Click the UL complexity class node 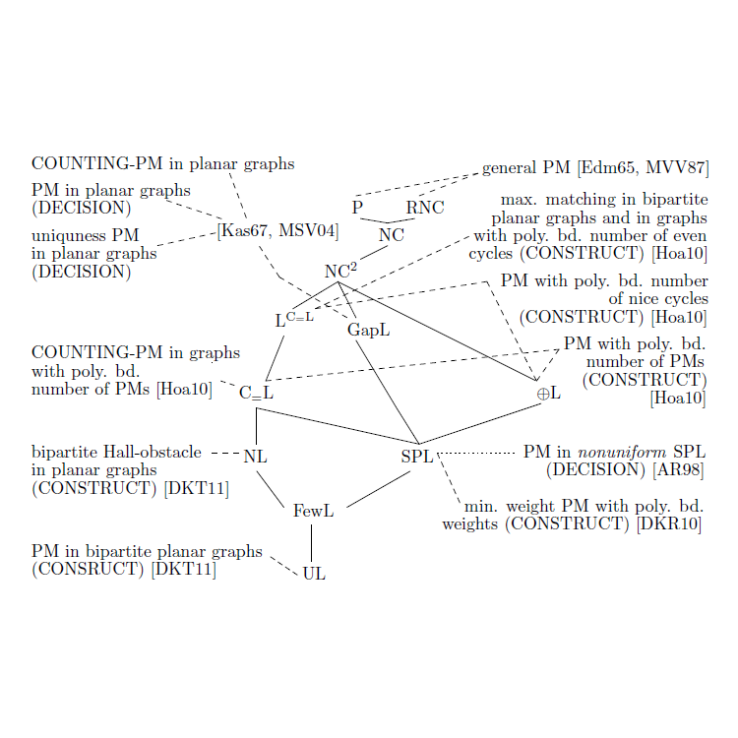314,574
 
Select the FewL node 314,511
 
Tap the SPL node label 417,456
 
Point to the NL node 256,456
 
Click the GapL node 369,331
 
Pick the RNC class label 425,208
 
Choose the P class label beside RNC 358,208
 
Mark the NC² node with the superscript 340,271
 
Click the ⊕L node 549,393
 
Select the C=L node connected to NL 256,393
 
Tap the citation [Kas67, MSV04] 277,231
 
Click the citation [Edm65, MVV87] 643,168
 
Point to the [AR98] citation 678,470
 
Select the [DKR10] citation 669,523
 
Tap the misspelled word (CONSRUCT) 88,570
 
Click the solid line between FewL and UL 312,543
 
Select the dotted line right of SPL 476,454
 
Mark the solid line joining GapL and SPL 388,392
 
